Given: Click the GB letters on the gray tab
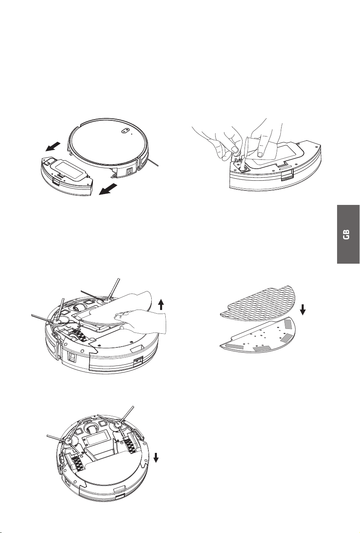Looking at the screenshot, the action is pos(347,234).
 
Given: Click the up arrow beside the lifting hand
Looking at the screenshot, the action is pos(161,305).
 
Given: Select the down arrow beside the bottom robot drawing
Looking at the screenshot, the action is pos(156,457).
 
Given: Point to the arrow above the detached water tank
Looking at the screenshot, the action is pos(53,147).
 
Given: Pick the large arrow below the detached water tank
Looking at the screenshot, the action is pos(108,189).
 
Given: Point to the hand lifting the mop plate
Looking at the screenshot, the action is pos(141,321).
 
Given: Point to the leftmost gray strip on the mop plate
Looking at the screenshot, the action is pos(234,346).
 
